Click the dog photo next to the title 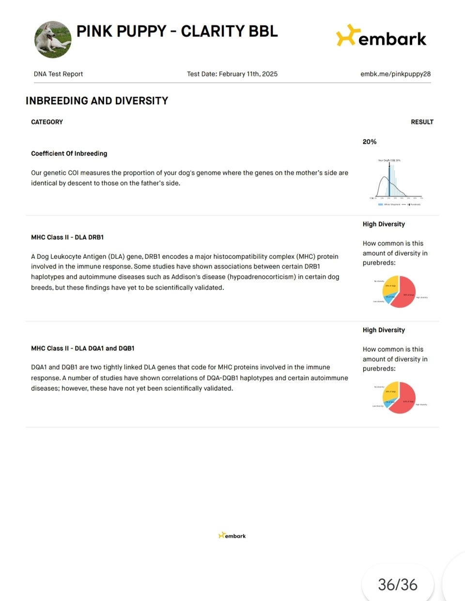pyautogui.click(x=53, y=39)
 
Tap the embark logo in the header pyautogui.click(x=381, y=36)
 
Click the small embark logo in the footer pyautogui.click(x=232, y=536)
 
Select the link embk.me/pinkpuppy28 pyautogui.click(x=395, y=74)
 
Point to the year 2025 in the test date pyautogui.click(x=269, y=74)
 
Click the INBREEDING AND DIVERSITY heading pyautogui.click(x=97, y=101)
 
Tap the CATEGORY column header pyautogui.click(x=47, y=122)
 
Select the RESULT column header pyautogui.click(x=422, y=122)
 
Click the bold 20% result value pyautogui.click(x=370, y=142)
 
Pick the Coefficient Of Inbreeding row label pyautogui.click(x=69, y=153)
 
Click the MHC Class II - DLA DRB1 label pyautogui.click(x=67, y=237)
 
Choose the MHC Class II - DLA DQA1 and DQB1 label pyautogui.click(x=83, y=348)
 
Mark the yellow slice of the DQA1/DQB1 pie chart pyautogui.click(x=390, y=391)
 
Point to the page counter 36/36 pyautogui.click(x=398, y=585)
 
